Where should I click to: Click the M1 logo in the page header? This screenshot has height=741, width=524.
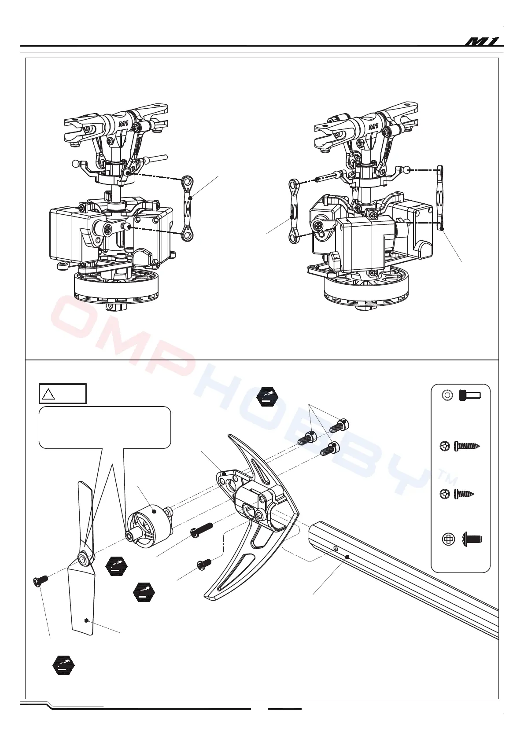click(483, 42)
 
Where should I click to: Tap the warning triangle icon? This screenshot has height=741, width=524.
click(48, 394)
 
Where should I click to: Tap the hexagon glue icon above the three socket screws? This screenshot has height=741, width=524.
click(267, 397)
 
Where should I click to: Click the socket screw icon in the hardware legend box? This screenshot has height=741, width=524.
click(469, 395)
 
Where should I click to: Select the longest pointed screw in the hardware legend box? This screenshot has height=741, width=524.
click(466, 446)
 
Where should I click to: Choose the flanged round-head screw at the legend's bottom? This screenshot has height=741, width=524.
click(472, 538)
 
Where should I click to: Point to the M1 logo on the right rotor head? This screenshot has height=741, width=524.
click(373, 127)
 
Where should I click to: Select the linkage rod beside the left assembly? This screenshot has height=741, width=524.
click(188, 208)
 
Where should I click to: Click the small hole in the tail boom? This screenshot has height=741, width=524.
click(336, 548)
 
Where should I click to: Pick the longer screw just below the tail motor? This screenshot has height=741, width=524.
click(201, 529)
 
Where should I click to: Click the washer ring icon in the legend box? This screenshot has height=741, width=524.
click(447, 395)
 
